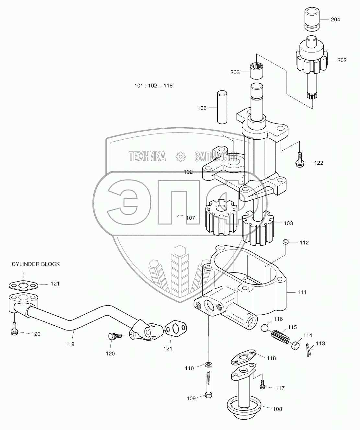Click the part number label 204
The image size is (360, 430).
(335, 20)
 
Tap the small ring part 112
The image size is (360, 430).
(285, 242)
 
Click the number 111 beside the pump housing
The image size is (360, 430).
(302, 292)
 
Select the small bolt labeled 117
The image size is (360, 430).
(263, 385)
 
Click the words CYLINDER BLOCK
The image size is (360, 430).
(36, 264)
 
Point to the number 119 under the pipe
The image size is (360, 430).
(70, 344)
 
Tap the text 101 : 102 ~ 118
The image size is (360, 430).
(154, 86)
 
